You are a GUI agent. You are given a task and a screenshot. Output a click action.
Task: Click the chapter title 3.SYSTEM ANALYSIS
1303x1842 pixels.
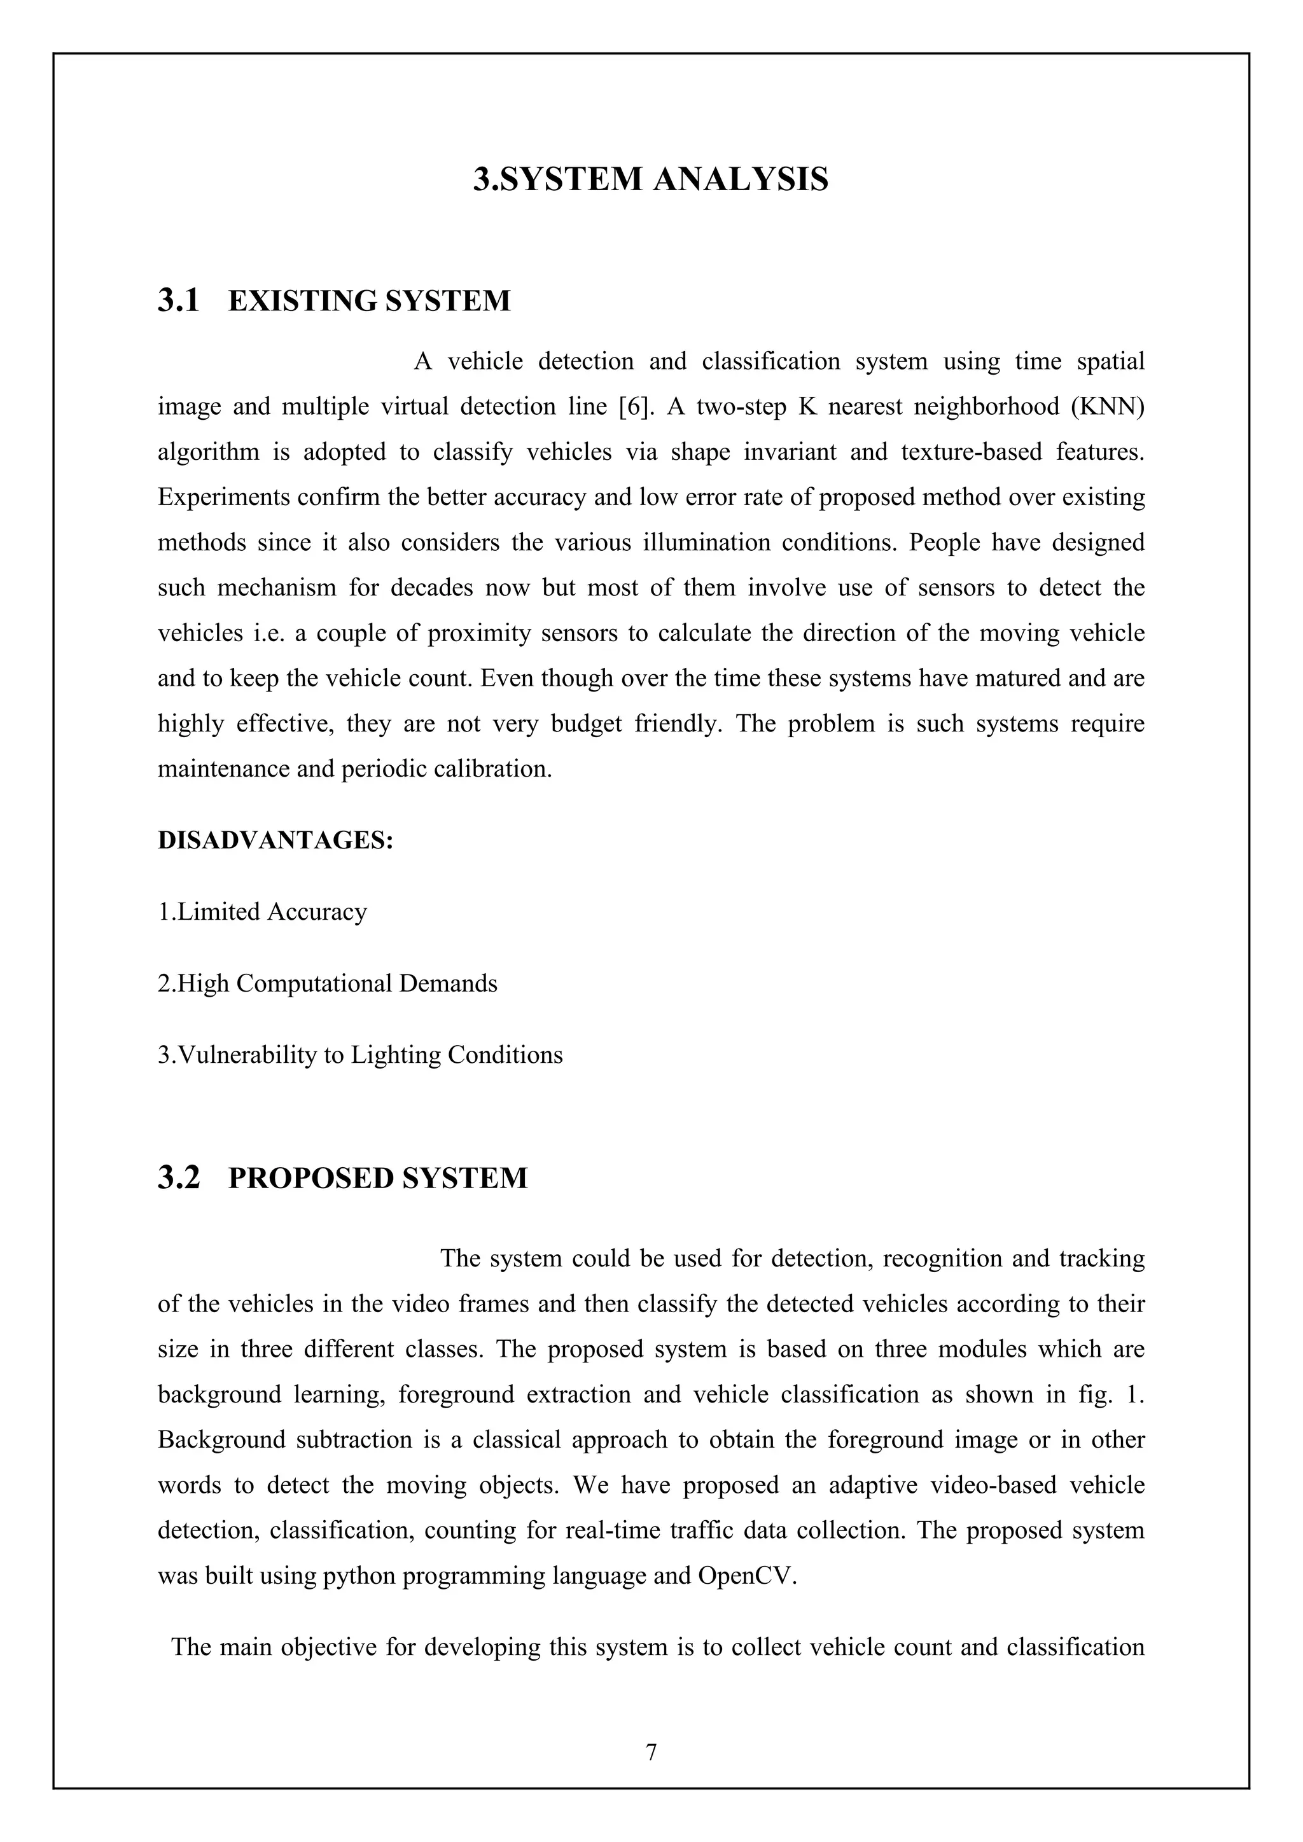tap(651, 179)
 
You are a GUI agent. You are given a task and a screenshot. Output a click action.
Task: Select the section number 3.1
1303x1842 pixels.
tap(178, 301)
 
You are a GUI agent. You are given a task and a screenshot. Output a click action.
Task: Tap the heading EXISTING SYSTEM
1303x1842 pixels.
tap(369, 301)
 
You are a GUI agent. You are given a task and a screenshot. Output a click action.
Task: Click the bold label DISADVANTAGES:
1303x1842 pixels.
tap(275, 841)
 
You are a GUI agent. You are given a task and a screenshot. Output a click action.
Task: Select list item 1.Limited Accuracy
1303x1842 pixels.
tap(262, 912)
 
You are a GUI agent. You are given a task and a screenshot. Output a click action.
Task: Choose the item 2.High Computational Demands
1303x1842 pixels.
tap(328, 983)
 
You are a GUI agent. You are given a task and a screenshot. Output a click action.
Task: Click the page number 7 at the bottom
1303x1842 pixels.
tap(651, 1753)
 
